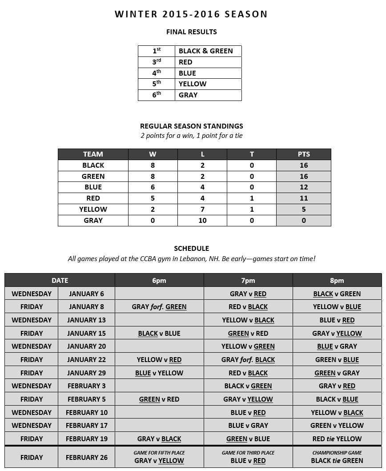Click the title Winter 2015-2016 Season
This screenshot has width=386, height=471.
pos(191,14)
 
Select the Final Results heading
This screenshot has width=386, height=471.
pos(191,32)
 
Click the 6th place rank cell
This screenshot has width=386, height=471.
pos(157,95)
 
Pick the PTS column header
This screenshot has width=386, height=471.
pos(304,154)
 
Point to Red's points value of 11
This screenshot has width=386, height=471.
pos(304,198)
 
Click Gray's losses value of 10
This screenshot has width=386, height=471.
pos(202,220)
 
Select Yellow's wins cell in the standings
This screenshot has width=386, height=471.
pos(153,209)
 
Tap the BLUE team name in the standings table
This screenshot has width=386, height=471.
pos(93,187)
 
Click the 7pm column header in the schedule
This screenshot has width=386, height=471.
pos(248,281)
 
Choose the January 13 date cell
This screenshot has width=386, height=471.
pos(86,320)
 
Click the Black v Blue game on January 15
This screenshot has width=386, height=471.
pos(159,333)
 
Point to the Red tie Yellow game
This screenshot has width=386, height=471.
pos(337,439)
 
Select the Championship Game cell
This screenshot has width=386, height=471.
pos(337,457)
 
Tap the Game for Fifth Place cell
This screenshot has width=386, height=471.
pos(159,457)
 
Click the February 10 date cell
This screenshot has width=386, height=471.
pos(86,412)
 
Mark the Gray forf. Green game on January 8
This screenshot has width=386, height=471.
pos(159,307)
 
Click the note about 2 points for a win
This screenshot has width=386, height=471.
pos(191,136)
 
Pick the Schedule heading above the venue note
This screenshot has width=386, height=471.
pos(191,249)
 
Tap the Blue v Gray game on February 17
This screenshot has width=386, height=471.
pos(248,426)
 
